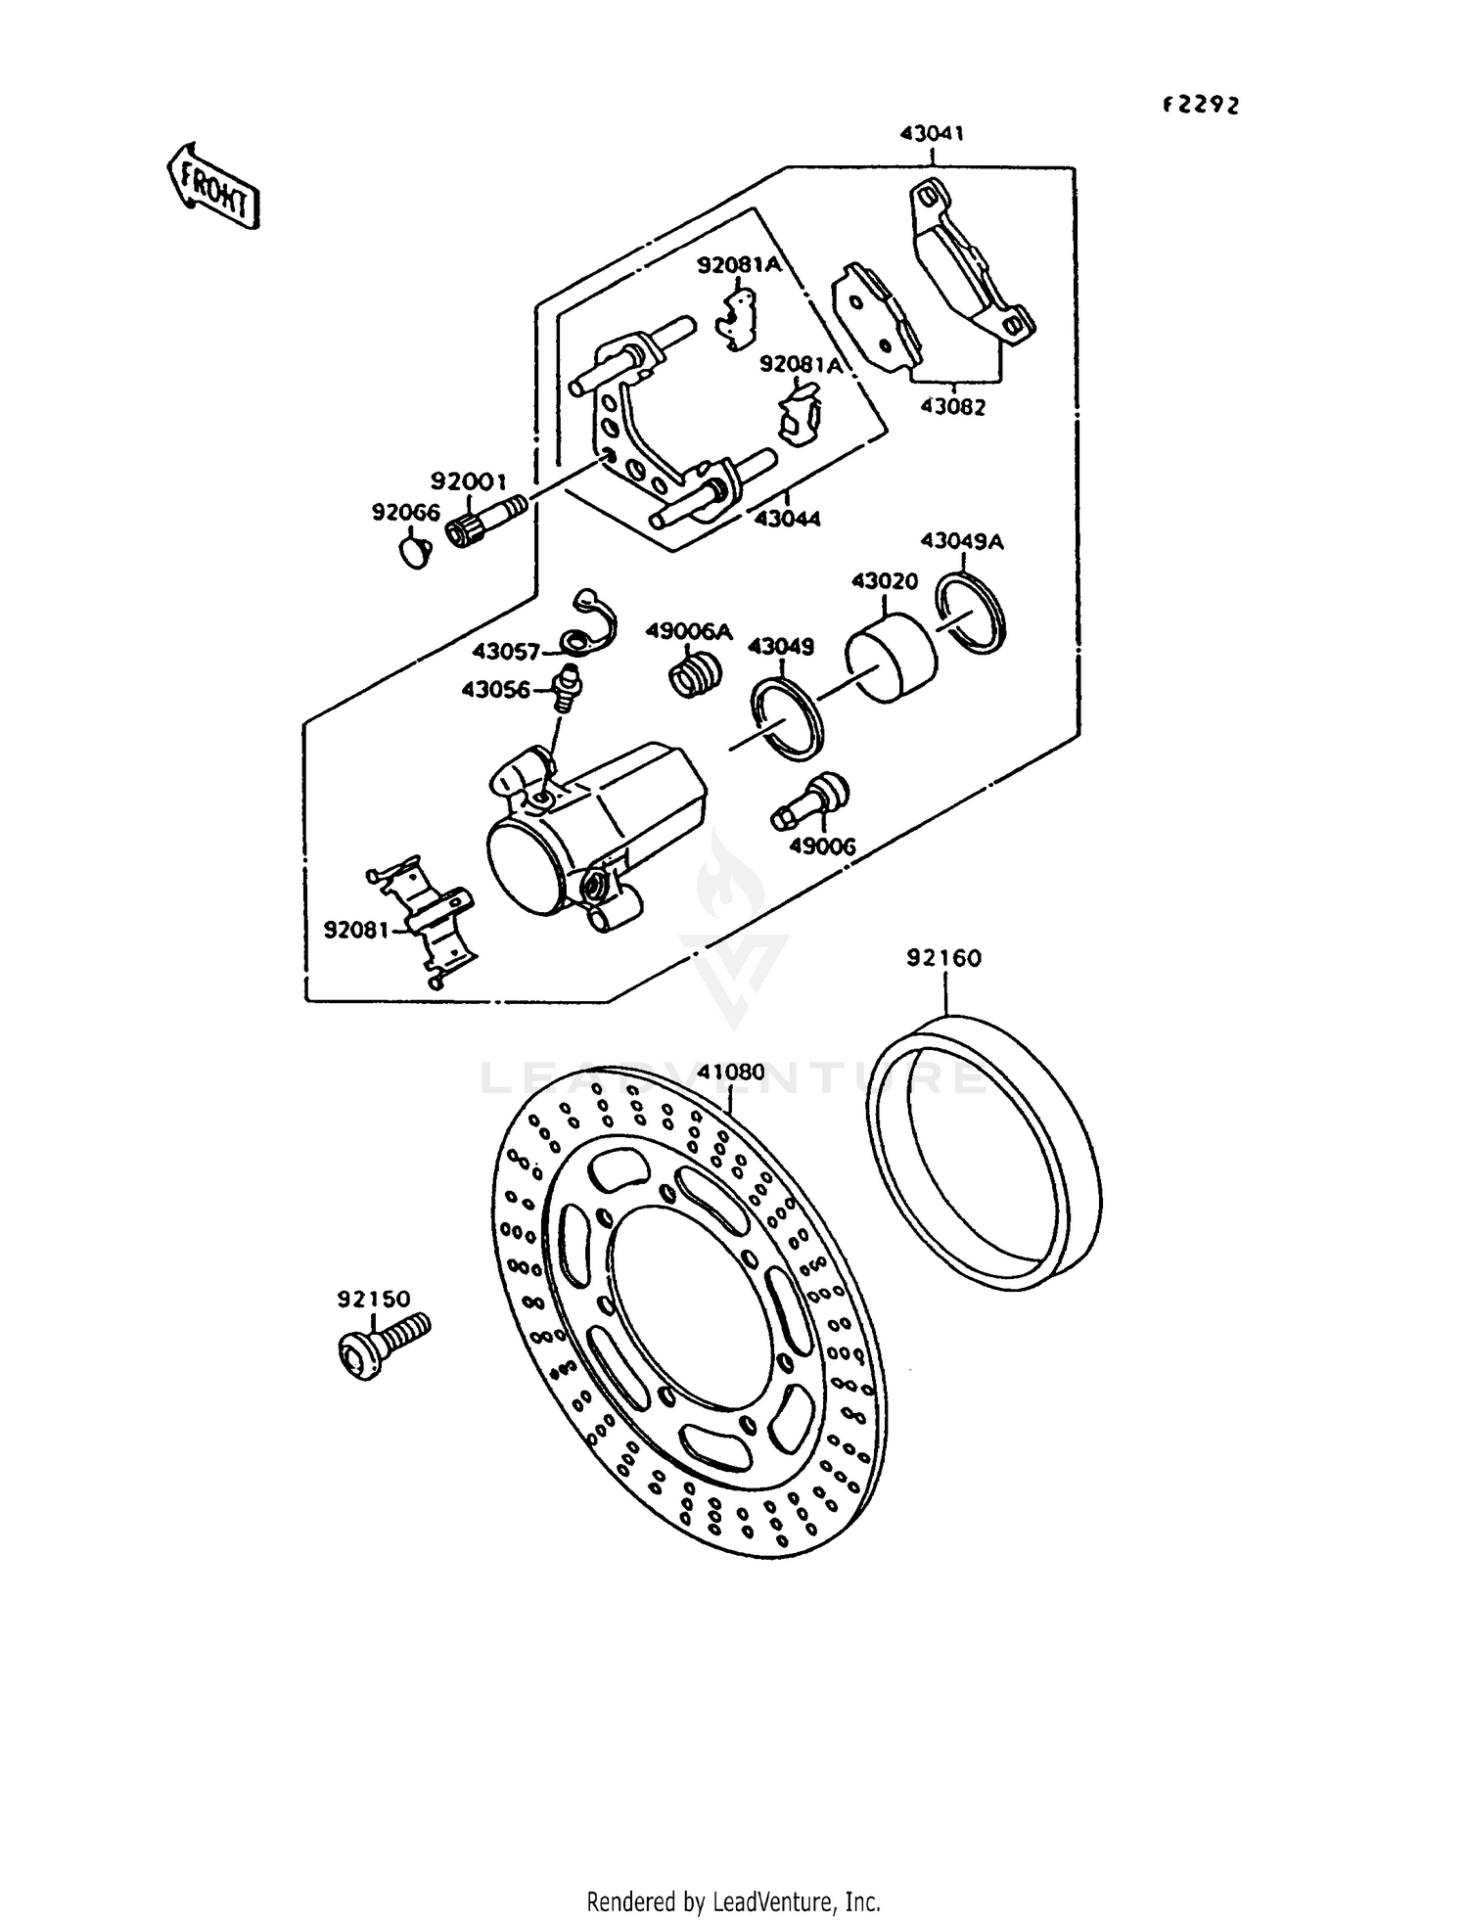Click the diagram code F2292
coord(1200,106)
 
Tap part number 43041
coord(931,134)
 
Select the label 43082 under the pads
coord(952,407)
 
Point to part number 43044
coord(787,518)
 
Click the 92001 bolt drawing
coord(486,520)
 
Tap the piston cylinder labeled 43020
coord(890,657)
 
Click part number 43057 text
coord(506,651)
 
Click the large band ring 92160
coord(984,1155)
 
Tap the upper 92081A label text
coord(739,265)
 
